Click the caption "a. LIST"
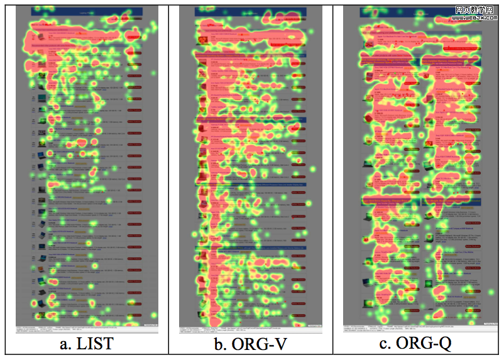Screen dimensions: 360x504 [x=87, y=344]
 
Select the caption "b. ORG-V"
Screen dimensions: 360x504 [x=250, y=344]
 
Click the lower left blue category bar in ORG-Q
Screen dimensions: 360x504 [x=390, y=199]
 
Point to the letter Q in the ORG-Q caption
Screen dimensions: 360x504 [x=443, y=344]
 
